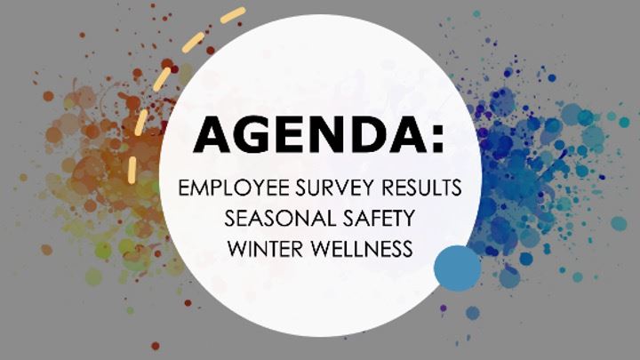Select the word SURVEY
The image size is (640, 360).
click(321, 189)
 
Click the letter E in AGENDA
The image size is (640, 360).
click(292, 137)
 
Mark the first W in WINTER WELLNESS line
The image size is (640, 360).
click(236, 247)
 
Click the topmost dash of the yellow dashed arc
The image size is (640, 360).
click(232, 14)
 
